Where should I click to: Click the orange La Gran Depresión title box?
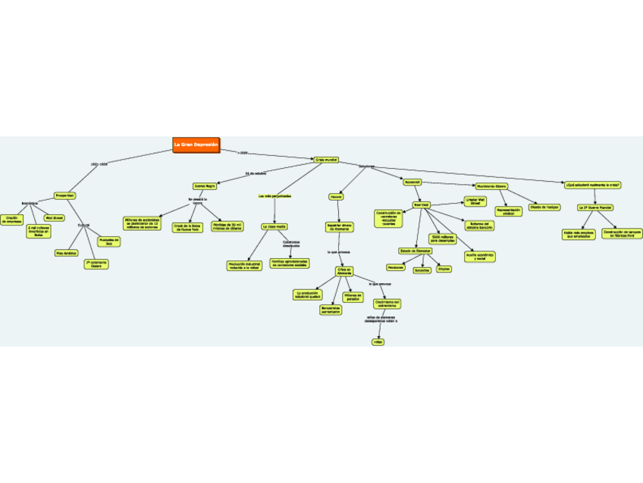(196, 145)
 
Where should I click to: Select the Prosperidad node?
(65, 195)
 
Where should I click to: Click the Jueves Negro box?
(205, 185)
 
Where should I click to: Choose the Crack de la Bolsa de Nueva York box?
(187, 226)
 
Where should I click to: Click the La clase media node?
(274, 226)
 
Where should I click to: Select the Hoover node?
(336, 196)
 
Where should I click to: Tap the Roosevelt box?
(412, 182)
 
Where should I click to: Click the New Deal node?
(421, 204)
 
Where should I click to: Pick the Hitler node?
(378, 342)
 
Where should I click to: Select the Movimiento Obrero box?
(491, 186)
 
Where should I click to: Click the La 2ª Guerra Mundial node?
(595, 207)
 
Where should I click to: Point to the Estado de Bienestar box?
(415, 251)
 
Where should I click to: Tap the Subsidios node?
(422, 270)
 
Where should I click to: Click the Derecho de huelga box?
(544, 207)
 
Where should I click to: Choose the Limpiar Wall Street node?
(475, 201)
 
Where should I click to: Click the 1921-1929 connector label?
(99, 164)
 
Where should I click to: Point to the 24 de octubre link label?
(256, 173)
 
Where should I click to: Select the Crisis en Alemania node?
(345, 271)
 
